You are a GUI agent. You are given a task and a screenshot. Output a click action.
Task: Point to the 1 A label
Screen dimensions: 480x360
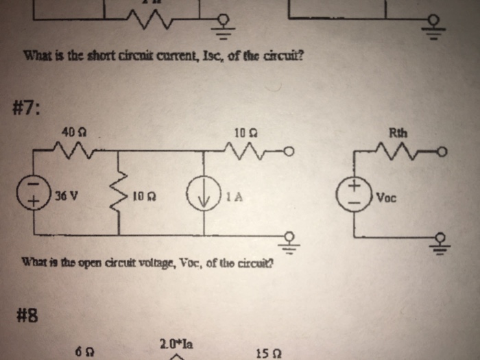[x=233, y=196]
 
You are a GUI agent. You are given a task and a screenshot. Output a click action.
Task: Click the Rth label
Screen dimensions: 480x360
[x=398, y=133]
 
